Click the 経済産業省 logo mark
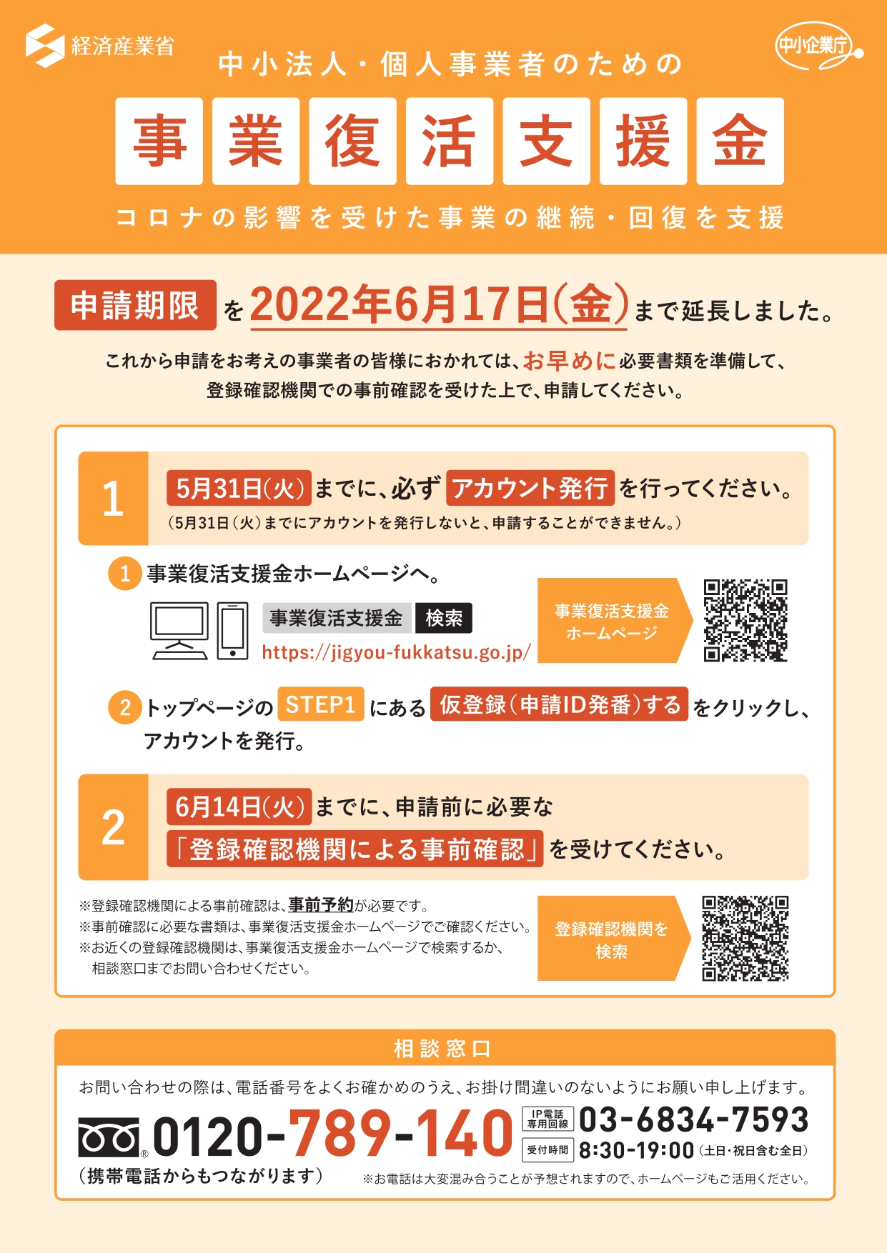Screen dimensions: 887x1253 (x=45, y=46)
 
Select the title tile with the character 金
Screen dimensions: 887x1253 (x=740, y=141)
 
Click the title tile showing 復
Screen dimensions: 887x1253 (x=352, y=141)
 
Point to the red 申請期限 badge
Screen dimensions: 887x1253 (x=135, y=305)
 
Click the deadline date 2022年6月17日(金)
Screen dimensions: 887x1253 (x=439, y=305)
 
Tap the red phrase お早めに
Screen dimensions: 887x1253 (x=569, y=361)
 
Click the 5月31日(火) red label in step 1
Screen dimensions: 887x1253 (x=239, y=488)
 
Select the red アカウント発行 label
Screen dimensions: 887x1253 (x=530, y=488)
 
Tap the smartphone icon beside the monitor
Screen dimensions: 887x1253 (x=232, y=631)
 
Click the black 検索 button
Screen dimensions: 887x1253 (x=444, y=618)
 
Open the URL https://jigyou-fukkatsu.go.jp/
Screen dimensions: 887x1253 (x=396, y=652)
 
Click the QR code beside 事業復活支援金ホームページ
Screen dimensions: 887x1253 (x=745, y=620)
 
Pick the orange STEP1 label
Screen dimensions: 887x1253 (x=321, y=704)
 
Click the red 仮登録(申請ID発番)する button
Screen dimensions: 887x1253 (x=559, y=704)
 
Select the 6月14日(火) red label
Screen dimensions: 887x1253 (x=239, y=807)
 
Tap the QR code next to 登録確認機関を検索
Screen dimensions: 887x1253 (x=745, y=938)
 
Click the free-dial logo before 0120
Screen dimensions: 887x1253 (x=109, y=1137)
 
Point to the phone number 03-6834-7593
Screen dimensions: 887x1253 (x=693, y=1119)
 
